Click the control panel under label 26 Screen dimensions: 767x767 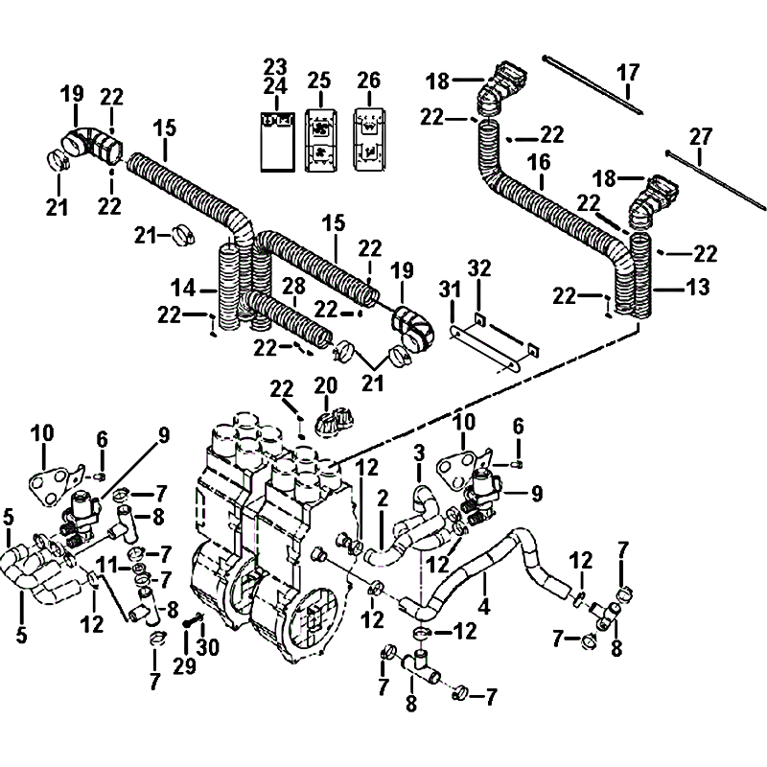(x=368, y=140)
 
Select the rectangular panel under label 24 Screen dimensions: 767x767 (x=275, y=141)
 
